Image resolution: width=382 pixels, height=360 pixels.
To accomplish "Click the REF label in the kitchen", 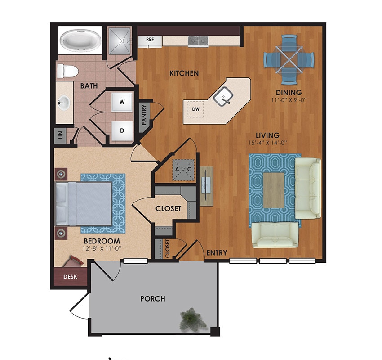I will pyautogui.click(x=150, y=40).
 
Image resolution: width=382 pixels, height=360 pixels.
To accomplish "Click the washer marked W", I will pyautogui.click(x=121, y=102).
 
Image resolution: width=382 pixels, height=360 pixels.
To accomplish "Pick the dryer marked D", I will pyautogui.click(x=121, y=130).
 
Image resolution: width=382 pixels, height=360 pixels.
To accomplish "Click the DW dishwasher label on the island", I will pyautogui.click(x=195, y=109).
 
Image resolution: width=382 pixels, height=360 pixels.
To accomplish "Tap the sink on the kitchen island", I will pyautogui.click(x=223, y=96).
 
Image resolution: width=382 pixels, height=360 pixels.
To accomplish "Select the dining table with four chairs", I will pyautogui.click(x=288, y=59).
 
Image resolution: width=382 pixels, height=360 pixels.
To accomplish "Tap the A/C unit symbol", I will pyautogui.click(x=183, y=169).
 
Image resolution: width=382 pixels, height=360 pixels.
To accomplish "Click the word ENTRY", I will pyautogui.click(x=216, y=253).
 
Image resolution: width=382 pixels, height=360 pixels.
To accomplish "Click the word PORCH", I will pyautogui.click(x=153, y=298).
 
